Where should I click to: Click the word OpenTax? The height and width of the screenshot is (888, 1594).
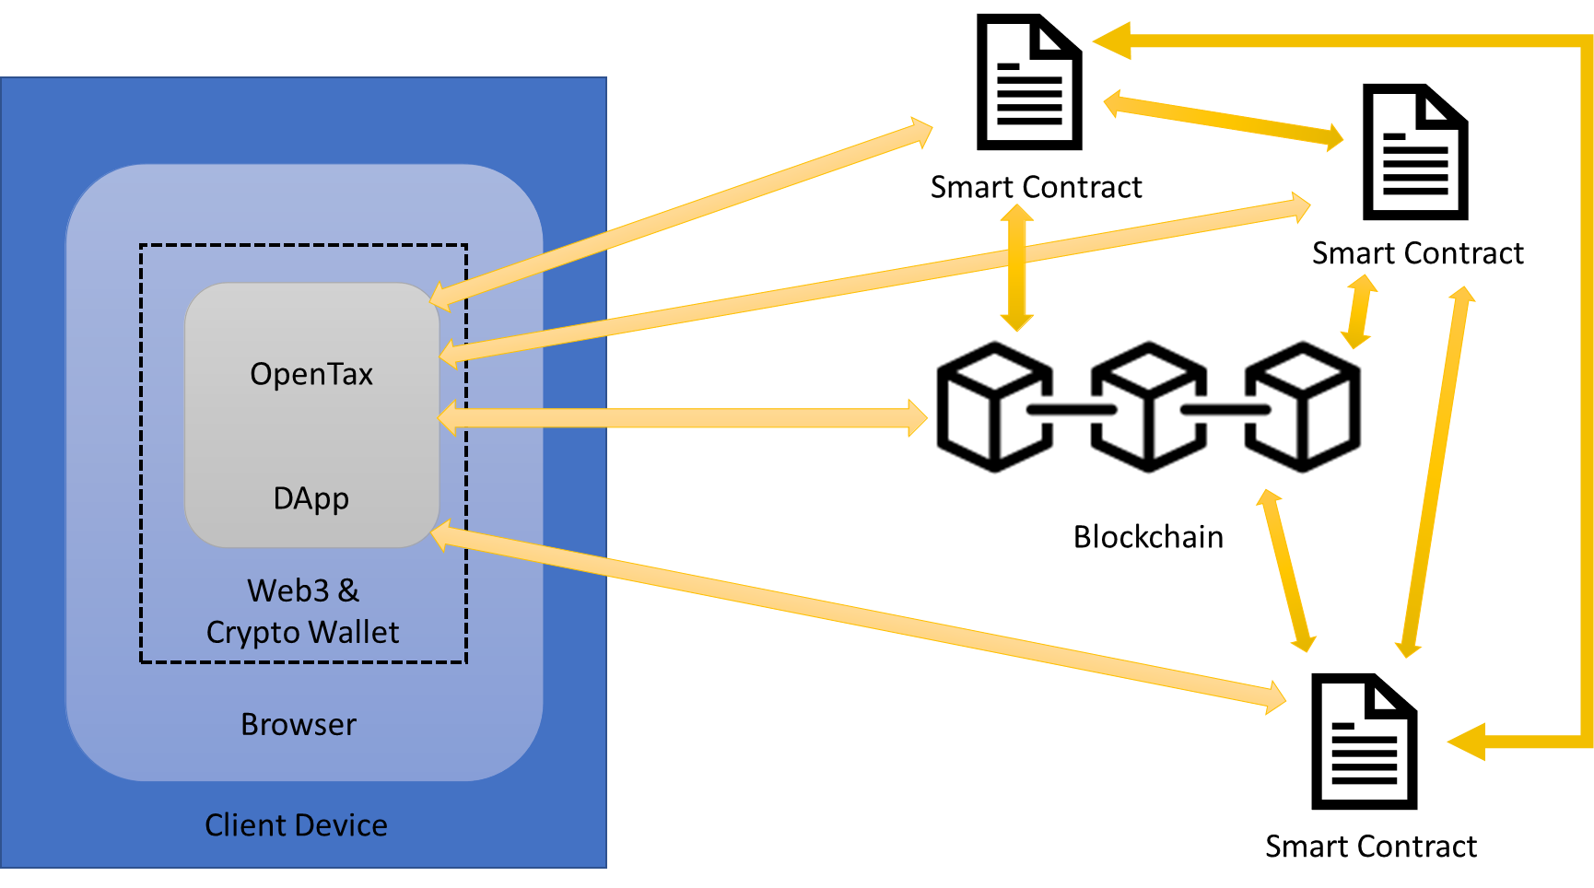(x=311, y=374)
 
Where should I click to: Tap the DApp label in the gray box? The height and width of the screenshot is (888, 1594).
(x=311, y=498)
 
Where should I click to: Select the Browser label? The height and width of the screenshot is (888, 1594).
(x=298, y=724)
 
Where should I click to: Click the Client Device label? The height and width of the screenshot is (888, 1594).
(x=296, y=824)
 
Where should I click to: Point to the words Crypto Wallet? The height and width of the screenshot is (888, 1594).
(x=302, y=632)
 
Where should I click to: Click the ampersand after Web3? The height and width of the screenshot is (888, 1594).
(x=348, y=590)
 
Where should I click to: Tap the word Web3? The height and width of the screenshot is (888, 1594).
(x=287, y=590)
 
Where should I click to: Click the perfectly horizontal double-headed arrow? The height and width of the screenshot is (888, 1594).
(x=682, y=417)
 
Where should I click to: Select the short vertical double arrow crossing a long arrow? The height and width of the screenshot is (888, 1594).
(x=1016, y=268)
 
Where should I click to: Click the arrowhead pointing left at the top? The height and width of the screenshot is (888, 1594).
(x=1111, y=41)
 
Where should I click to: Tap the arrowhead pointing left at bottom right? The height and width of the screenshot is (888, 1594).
(x=1467, y=742)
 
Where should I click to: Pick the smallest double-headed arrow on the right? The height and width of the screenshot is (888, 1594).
(x=1359, y=311)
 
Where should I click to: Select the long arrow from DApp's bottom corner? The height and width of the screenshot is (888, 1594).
(x=857, y=615)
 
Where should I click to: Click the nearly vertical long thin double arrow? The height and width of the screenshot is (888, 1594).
(x=1435, y=472)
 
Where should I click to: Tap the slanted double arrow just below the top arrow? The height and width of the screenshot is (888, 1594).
(x=1224, y=121)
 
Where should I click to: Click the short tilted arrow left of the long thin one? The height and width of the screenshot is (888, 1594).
(x=1285, y=570)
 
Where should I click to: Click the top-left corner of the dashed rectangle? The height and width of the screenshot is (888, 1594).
(x=141, y=246)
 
